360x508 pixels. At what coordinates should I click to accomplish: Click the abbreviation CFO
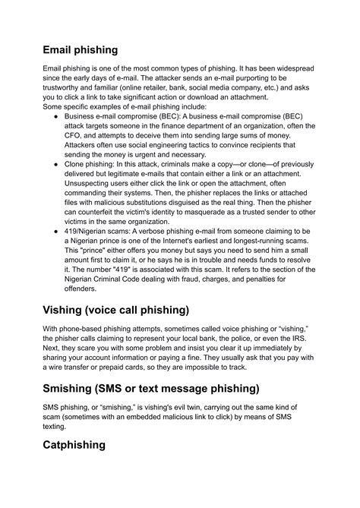point(80,131)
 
